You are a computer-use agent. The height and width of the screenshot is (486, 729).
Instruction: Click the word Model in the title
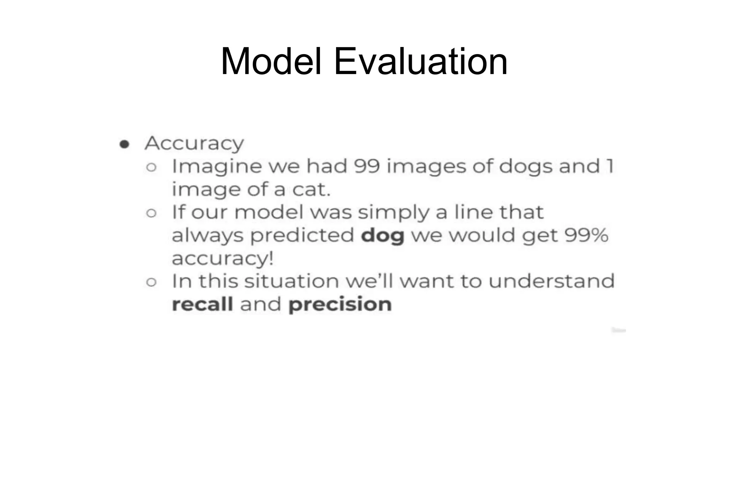point(271,61)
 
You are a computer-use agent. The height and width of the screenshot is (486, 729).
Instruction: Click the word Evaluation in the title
point(420,61)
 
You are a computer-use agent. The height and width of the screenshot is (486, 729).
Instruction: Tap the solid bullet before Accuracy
point(124,144)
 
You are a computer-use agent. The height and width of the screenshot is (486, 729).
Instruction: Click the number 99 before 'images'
point(367,166)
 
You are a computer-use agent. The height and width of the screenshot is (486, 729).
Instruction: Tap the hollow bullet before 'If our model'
point(151,213)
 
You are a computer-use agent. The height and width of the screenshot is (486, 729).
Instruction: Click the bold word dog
point(383,236)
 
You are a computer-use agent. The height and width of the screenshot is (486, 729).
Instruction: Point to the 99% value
point(586,235)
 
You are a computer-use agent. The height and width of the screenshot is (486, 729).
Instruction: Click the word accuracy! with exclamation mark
point(223,259)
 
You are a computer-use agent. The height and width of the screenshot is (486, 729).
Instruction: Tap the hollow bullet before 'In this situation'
point(151,282)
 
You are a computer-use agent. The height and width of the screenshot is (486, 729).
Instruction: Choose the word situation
point(292,281)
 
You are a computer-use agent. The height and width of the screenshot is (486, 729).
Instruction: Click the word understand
point(551,281)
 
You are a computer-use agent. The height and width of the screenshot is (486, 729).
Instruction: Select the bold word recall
point(203,304)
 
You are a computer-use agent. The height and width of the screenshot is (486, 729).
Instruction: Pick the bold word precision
point(340,305)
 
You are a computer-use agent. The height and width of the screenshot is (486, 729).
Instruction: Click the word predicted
point(302,236)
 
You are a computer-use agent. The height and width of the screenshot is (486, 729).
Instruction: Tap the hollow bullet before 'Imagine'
point(151,167)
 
